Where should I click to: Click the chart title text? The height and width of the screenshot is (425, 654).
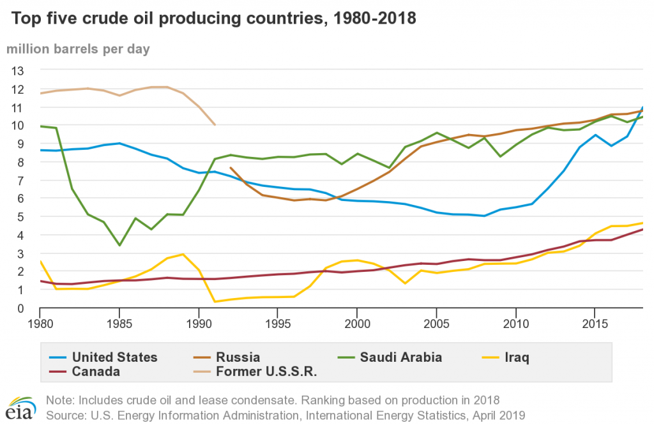211,19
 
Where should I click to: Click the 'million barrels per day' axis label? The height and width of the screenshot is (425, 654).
79,49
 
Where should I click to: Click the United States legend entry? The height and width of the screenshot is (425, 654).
114,357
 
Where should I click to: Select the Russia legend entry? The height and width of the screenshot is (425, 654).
238,357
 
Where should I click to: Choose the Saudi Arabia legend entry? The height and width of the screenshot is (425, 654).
400,357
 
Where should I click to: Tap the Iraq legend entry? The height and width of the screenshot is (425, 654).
516,357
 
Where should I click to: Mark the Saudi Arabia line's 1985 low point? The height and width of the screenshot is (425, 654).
119,245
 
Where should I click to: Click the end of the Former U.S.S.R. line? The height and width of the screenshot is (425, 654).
215,125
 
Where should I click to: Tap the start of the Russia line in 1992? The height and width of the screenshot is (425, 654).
230,167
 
